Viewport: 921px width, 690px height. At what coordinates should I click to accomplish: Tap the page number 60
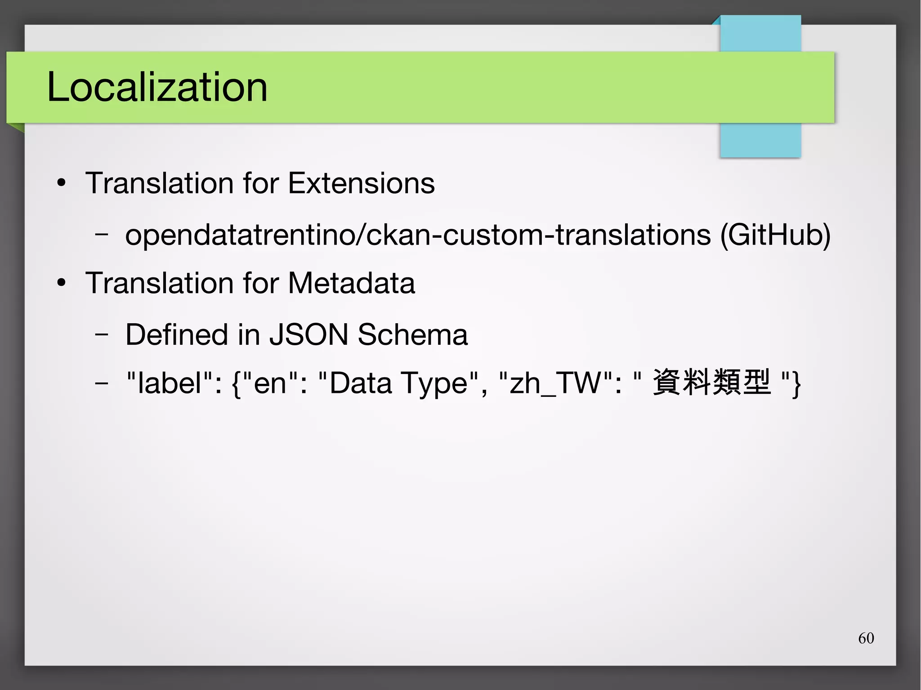(866, 638)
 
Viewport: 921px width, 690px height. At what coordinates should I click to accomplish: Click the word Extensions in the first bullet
(361, 183)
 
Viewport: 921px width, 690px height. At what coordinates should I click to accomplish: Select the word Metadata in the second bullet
(351, 283)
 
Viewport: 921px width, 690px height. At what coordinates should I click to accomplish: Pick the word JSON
(308, 334)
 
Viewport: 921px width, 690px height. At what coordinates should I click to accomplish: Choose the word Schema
(412, 334)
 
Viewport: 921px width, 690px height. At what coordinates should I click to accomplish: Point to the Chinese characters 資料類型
(711, 382)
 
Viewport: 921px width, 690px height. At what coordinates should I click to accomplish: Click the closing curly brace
(796, 384)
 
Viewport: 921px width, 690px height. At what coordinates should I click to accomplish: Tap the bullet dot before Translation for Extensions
(62, 183)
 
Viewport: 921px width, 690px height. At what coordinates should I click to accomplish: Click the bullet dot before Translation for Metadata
(62, 283)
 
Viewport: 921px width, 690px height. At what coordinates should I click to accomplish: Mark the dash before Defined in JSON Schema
(102, 334)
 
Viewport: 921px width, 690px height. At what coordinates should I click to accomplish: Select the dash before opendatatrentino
(102, 234)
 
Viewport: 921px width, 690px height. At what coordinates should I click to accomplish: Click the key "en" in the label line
(270, 383)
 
